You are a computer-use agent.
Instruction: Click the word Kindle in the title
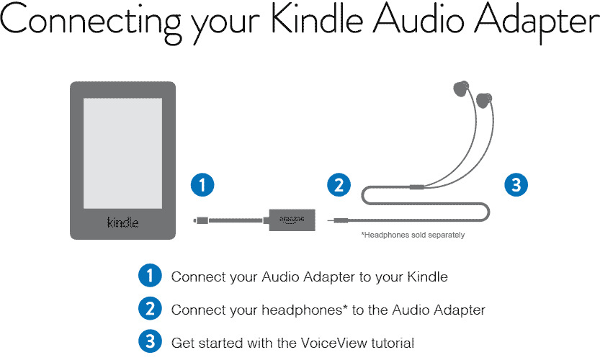[317, 19]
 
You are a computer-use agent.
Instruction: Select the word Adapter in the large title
[537, 24]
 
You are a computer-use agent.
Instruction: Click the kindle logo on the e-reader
[123, 222]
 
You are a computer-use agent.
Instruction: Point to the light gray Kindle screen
[123, 153]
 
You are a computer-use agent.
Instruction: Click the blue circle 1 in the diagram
[202, 185]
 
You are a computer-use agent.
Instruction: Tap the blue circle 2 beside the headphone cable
[339, 185]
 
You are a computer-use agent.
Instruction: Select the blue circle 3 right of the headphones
[516, 185]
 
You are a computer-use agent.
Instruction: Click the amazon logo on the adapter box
[292, 220]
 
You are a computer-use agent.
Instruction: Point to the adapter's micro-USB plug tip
[195, 220]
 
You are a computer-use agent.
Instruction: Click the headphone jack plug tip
[329, 220]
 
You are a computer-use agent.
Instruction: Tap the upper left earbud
[461, 88]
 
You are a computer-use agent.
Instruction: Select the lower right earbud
[484, 100]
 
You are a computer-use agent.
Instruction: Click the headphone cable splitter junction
[417, 187]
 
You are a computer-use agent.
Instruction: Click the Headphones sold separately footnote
[413, 235]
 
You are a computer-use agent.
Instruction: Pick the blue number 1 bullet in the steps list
[150, 276]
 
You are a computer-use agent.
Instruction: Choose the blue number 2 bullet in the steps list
[150, 309]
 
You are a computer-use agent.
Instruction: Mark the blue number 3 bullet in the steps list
[150, 341]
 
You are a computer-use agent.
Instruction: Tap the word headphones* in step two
[303, 309]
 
